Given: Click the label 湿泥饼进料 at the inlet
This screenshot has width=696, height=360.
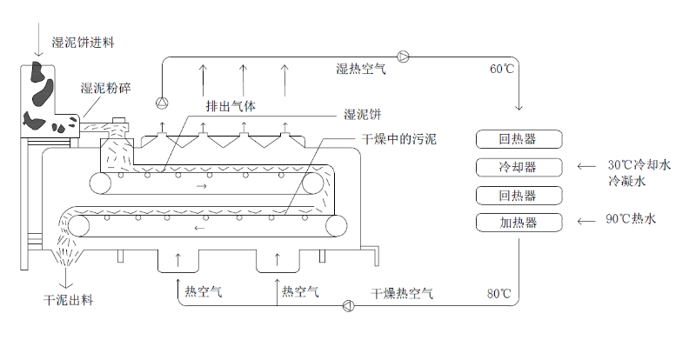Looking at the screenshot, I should click(x=84, y=42).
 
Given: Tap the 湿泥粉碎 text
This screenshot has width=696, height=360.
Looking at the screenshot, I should click(x=107, y=88).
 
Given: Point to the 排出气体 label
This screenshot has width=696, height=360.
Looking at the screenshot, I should click(x=231, y=106).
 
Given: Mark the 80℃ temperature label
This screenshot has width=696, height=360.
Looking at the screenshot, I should click(x=499, y=292).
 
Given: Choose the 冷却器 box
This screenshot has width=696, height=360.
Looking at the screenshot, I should click(x=519, y=166).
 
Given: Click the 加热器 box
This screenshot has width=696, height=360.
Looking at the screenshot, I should click(x=519, y=222).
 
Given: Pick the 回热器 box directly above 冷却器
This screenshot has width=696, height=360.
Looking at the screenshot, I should click(x=519, y=138).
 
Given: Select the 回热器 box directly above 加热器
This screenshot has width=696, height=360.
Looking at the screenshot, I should click(x=519, y=194).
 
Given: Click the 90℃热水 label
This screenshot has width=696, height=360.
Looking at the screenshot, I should click(x=631, y=219).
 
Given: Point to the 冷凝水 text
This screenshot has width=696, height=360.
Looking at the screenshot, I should click(x=626, y=181).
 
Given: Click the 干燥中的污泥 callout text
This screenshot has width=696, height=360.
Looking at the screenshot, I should click(x=398, y=138).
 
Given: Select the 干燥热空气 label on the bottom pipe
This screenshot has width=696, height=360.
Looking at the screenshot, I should click(x=403, y=293).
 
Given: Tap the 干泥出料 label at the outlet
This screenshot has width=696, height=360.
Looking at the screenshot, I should click(x=69, y=300).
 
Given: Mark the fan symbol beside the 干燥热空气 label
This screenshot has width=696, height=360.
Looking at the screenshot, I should click(x=348, y=304).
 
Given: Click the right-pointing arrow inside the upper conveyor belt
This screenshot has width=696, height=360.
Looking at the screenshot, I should click(x=202, y=186).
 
